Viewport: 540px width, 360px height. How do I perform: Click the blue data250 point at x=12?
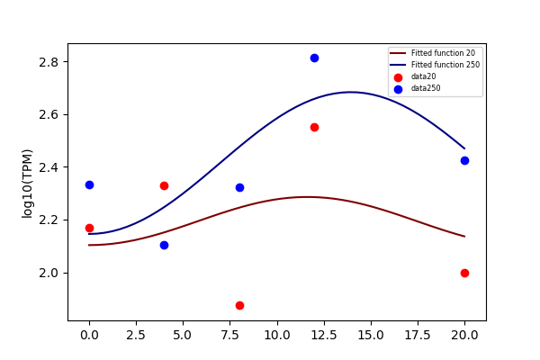pos(314,58)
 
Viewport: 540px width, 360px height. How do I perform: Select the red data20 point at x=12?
pos(314,128)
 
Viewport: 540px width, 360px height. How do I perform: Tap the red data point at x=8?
pos(239,306)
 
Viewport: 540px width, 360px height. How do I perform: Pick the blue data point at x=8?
pos(239,188)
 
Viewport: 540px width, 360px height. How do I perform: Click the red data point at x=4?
pos(165,186)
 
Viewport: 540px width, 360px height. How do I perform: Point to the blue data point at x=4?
pos(165,246)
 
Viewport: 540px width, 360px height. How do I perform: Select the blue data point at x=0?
pos(89,185)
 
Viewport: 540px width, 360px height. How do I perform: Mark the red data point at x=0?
pos(89,228)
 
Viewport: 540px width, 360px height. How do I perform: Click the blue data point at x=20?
pos(464,160)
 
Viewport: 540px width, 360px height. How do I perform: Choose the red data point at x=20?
pos(464,274)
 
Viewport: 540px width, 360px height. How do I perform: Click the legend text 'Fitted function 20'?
pos(443,53)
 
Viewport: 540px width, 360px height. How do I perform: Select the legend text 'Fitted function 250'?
pos(445,65)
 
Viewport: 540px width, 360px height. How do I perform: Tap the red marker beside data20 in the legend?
pos(398,77)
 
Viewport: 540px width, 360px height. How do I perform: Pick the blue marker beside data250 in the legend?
pos(398,90)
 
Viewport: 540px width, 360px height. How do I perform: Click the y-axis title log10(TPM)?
pos(27,184)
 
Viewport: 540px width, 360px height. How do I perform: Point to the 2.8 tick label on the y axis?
pos(49,62)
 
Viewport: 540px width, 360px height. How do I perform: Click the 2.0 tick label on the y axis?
pos(49,274)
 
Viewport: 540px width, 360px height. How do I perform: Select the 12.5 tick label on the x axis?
pos(324,335)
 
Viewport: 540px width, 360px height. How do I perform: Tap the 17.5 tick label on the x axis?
pos(418,335)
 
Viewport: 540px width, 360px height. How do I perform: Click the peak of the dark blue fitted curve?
pos(350,92)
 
